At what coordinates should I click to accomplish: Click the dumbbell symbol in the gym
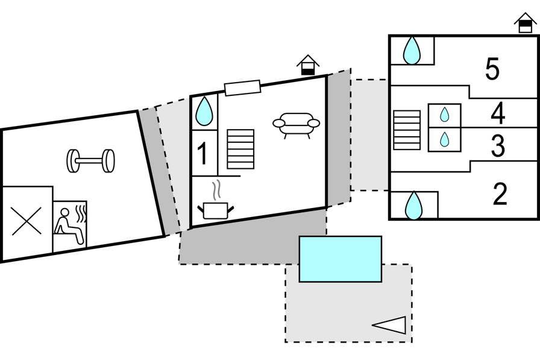click(x=90, y=160)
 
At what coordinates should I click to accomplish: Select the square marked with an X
click(x=27, y=221)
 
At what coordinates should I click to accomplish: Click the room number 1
click(x=202, y=154)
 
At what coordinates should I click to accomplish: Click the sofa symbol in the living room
click(x=296, y=124)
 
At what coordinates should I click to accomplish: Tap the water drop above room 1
click(x=204, y=112)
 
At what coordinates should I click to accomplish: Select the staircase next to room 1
click(x=240, y=149)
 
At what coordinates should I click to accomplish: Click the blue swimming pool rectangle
click(x=341, y=259)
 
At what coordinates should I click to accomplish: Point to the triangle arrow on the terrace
click(x=391, y=325)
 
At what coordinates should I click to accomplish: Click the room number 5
click(x=492, y=69)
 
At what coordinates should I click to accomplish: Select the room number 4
click(x=497, y=113)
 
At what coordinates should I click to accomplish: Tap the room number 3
click(x=497, y=146)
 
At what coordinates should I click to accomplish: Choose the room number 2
click(x=500, y=194)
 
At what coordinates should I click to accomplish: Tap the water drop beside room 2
click(x=413, y=206)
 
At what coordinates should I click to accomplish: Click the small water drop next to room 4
click(x=444, y=115)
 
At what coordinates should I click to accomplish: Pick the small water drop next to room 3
click(x=444, y=139)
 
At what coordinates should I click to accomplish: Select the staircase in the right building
click(x=407, y=130)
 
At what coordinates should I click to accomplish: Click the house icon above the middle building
click(x=307, y=65)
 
